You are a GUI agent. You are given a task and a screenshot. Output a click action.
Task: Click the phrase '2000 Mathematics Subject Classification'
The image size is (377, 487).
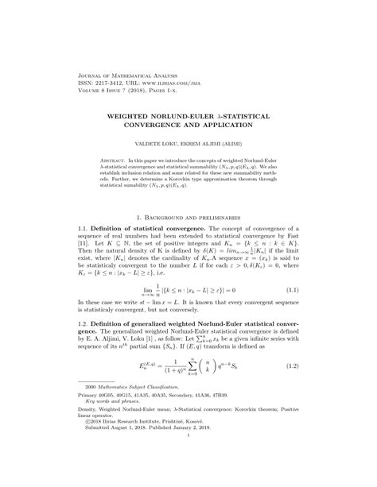(x=124, y=419)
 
